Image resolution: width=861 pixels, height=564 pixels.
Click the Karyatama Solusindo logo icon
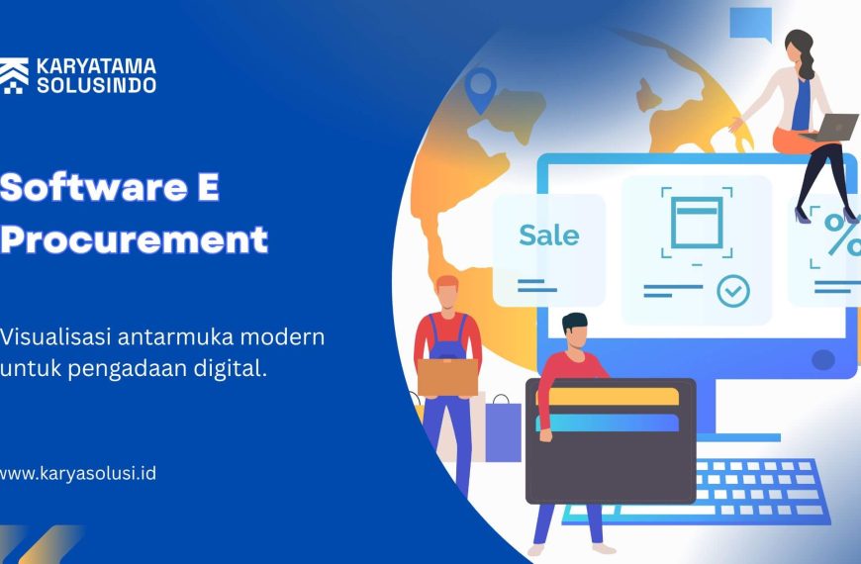click(x=14, y=75)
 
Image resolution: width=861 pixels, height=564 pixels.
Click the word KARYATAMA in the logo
click(x=96, y=67)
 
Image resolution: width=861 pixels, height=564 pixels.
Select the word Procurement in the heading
click(x=134, y=239)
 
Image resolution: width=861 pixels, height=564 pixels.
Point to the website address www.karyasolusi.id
click(x=77, y=473)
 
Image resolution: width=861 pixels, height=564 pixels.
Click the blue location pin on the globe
click(x=480, y=89)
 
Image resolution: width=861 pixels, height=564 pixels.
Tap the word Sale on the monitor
click(x=548, y=235)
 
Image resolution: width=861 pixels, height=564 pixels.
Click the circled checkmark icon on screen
click(x=733, y=291)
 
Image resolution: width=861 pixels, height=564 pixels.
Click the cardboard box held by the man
click(x=447, y=377)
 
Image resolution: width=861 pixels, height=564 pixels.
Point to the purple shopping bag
click(x=503, y=429)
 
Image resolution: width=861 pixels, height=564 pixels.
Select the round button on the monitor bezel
click(x=823, y=360)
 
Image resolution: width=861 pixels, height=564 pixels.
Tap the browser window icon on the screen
click(x=697, y=223)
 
